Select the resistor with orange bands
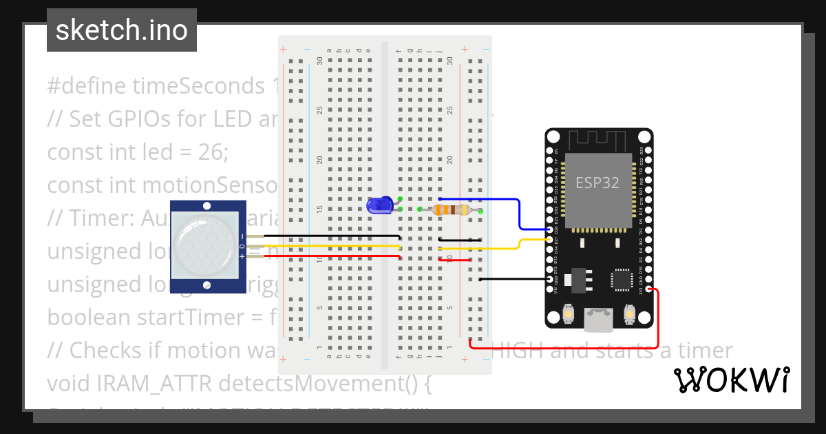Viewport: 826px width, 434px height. click(x=453, y=210)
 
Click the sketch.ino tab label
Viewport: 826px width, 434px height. click(x=122, y=30)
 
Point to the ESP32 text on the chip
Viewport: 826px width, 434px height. click(x=597, y=183)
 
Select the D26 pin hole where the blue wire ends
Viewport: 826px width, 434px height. click(x=549, y=229)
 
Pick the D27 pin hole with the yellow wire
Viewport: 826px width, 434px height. click(x=549, y=239)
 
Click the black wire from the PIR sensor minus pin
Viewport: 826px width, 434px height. click(x=324, y=236)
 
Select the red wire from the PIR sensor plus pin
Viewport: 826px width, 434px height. click(x=324, y=256)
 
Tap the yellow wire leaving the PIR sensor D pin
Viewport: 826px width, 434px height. click(x=324, y=246)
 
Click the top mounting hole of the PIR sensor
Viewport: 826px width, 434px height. click(x=207, y=206)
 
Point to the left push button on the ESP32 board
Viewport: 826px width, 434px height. click(x=569, y=314)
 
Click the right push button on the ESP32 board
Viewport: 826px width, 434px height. click(x=628, y=314)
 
